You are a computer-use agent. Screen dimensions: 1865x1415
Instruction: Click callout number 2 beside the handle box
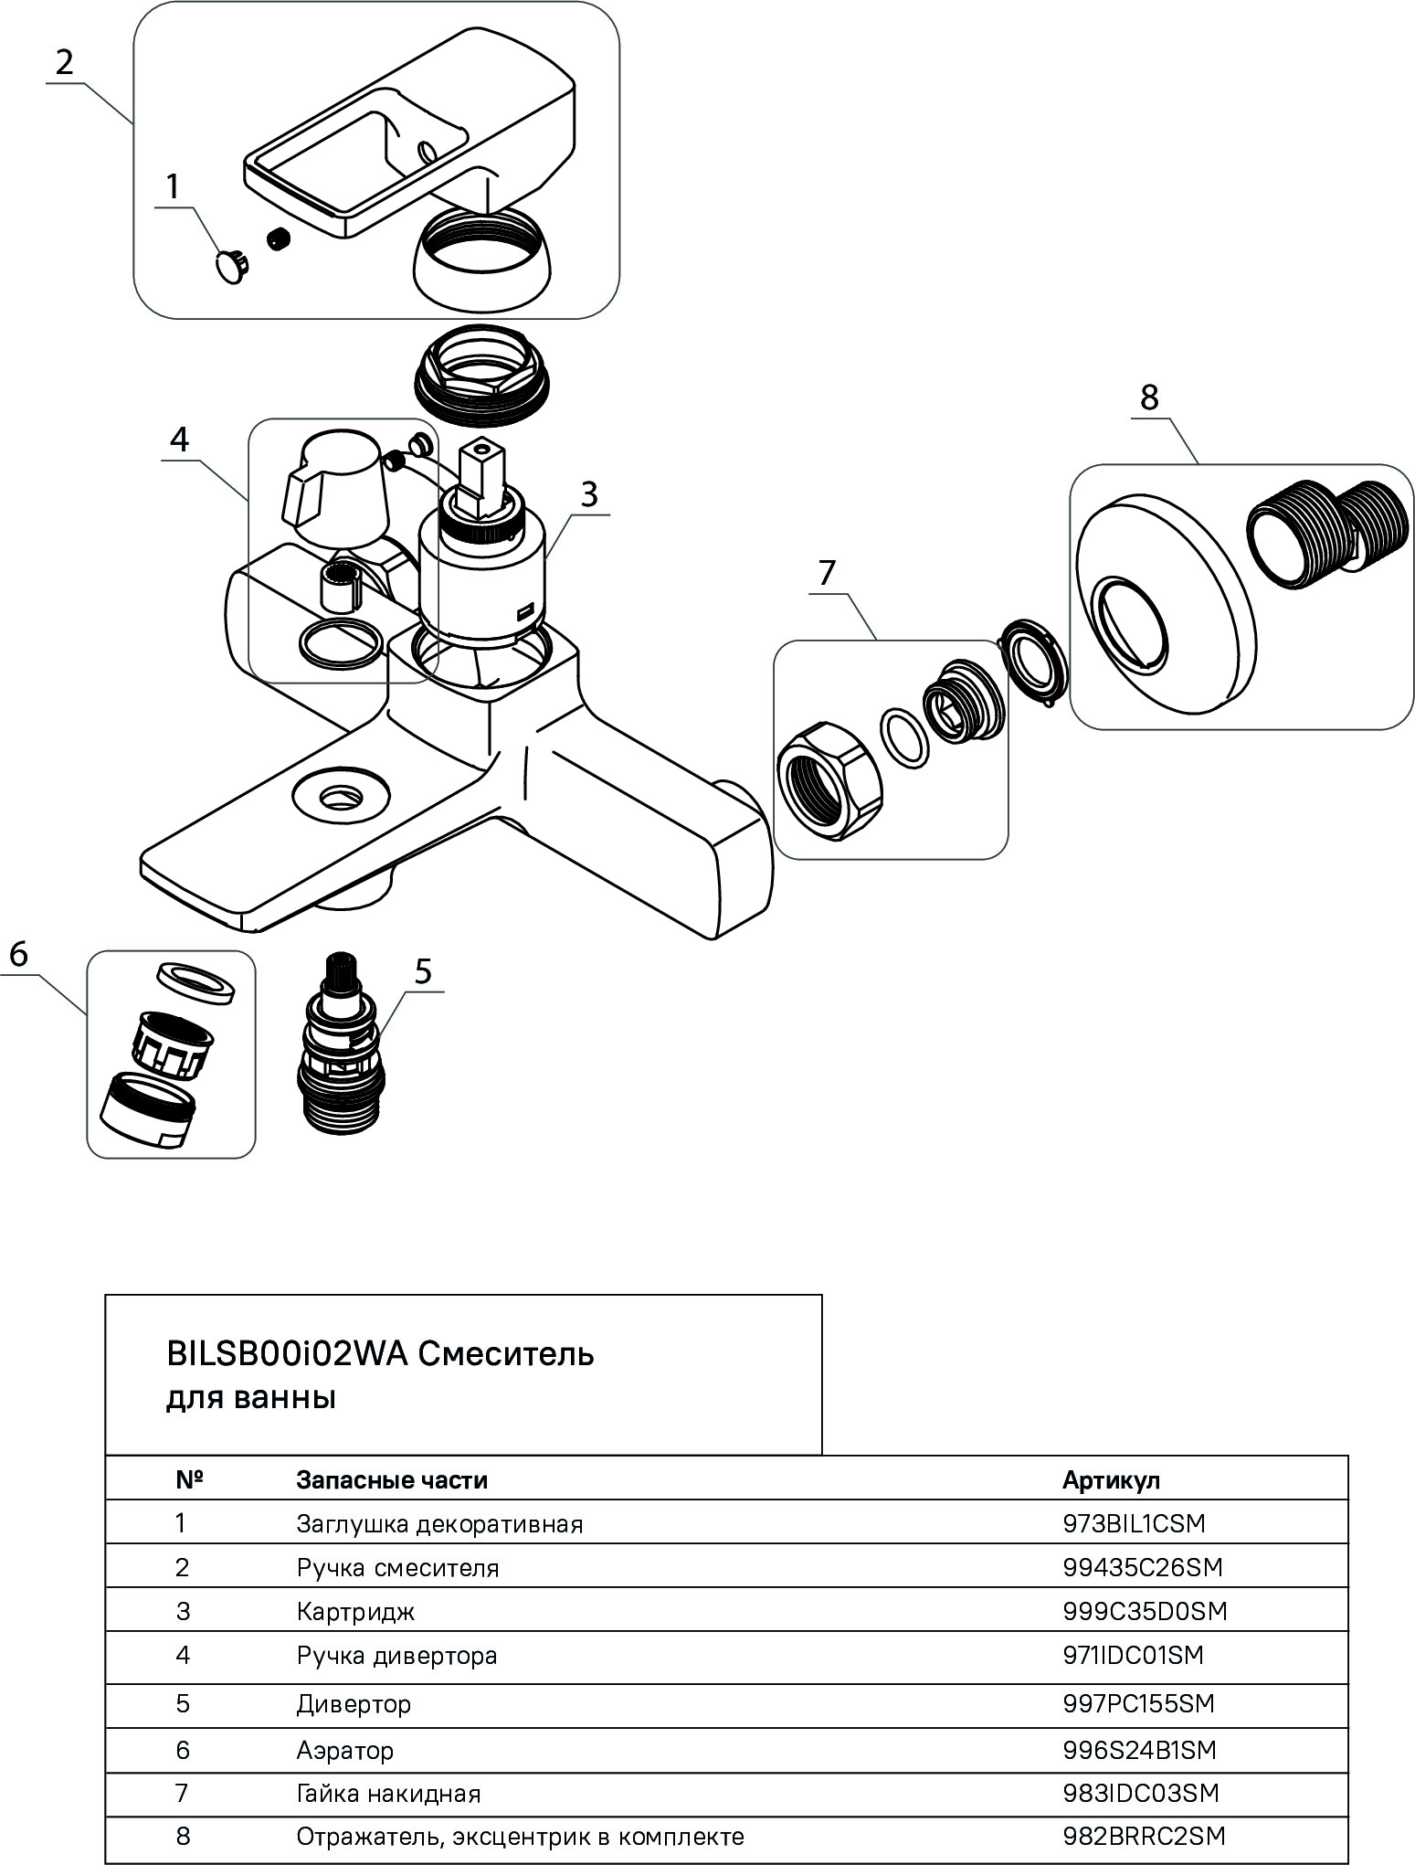point(64,62)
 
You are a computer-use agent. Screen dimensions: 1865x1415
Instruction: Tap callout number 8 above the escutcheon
point(1149,397)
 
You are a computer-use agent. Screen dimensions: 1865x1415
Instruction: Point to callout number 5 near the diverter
point(422,970)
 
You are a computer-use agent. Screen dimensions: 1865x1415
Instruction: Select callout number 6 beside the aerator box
point(19,955)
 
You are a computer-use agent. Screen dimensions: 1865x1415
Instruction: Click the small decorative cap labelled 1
point(232,266)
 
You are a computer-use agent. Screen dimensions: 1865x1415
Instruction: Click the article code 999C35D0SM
point(1145,1611)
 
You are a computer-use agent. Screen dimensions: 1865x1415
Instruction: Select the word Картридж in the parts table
point(355,1611)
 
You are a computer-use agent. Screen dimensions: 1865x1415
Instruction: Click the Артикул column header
point(1111,1480)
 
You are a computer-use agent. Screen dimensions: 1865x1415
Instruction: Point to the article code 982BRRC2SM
point(1144,1836)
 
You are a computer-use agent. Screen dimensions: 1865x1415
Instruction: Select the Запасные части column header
point(392,1480)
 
